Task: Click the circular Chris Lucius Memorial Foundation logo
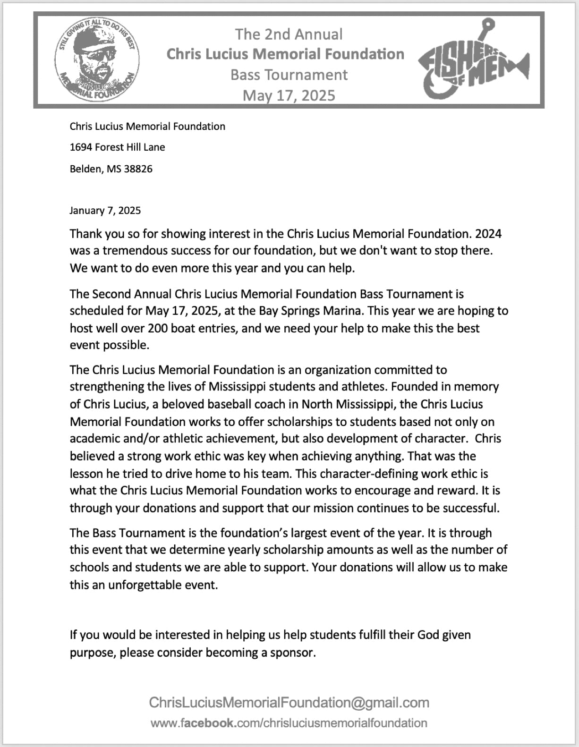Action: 97,60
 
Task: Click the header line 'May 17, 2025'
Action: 289,95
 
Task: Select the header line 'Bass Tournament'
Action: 289,75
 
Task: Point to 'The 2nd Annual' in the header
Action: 289,34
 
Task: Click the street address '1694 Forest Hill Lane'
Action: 117,147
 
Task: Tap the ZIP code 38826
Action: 138,169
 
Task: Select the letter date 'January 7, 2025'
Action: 105,211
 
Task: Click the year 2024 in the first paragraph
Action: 488,234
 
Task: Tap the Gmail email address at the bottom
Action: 289,703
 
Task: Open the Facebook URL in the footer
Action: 289,723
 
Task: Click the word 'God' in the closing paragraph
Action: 428,635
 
